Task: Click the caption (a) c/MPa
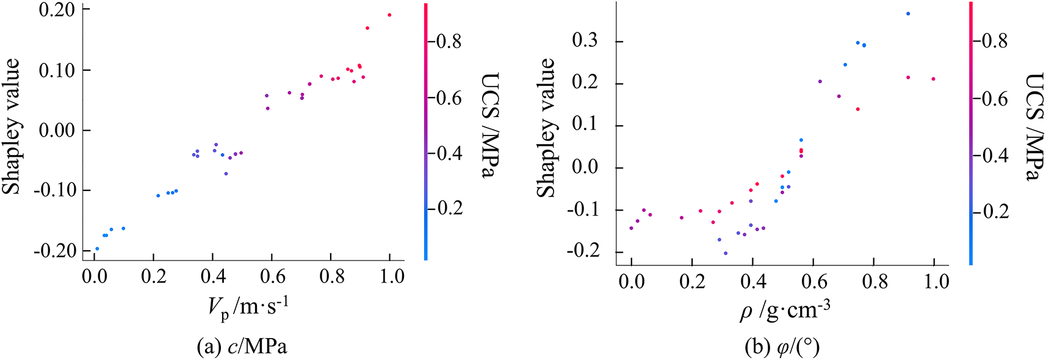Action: click(x=242, y=347)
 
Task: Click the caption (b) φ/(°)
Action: click(x=782, y=347)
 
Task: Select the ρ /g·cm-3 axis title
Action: click(x=785, y=311)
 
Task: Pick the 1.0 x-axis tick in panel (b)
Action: click(x=934, y=282)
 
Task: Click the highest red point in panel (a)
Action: click(x=389, y=15)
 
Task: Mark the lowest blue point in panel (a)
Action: click(x=97, y=249)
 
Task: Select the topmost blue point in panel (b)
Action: click(x=908, y=13)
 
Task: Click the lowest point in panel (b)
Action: click(x=726, y=253)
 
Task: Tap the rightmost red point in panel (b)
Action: click(x=933, y=79)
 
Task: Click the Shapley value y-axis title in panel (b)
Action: click(x=546, y=128)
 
